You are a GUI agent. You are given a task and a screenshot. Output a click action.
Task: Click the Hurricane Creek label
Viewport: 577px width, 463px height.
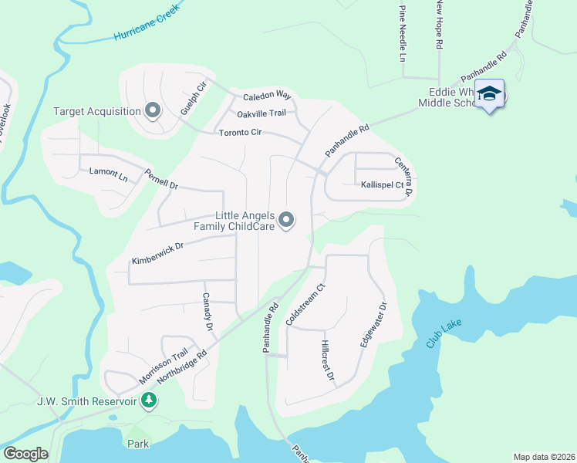(x=145, y=22)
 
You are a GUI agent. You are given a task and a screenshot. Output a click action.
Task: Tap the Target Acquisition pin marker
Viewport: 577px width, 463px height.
(x=152, y=111)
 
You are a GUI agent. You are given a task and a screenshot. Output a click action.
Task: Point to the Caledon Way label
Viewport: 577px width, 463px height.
(x=267, y=96)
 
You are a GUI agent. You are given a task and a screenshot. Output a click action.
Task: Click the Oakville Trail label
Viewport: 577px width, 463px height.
(x=262, y=113)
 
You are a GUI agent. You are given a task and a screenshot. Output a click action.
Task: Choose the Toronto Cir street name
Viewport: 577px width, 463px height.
(x=241, y=133)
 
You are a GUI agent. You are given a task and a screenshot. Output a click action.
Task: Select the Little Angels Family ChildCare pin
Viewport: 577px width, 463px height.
(x=287, y=221)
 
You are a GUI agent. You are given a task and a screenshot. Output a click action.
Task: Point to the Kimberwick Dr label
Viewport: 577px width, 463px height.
(x=157, y=253)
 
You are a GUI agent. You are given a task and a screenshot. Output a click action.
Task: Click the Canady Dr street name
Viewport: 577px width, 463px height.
(x=207, y=312)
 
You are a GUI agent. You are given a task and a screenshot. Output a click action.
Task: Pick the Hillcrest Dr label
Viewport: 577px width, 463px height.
(x=328, y=361)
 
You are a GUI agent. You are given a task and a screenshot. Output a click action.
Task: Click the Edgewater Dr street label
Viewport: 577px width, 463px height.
(x=374, y=335)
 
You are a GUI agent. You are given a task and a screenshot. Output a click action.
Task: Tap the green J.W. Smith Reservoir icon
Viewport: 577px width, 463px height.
(x=150, y=401)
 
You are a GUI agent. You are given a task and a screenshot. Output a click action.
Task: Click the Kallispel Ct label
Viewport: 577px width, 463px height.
(x=383, y=185)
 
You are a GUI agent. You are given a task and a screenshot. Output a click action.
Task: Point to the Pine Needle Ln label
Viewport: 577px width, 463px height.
(x=402, y=33)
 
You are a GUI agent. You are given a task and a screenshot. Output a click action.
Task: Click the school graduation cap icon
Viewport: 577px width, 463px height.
(x=489, y=94)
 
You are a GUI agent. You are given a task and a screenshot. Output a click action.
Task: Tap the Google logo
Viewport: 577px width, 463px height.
(x=25, y=454)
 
